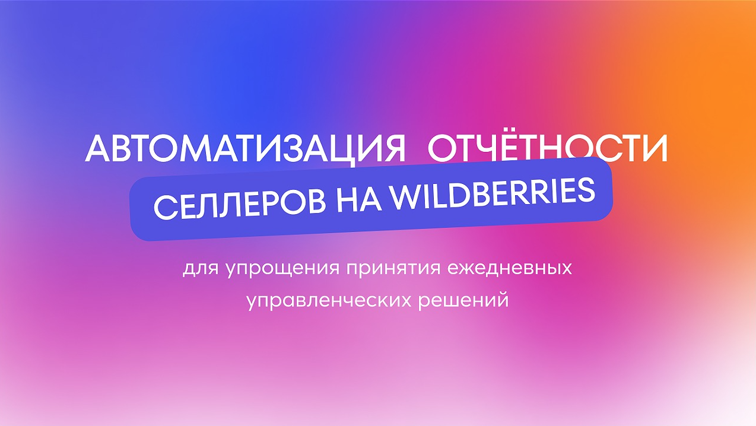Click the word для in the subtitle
point(201,269)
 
